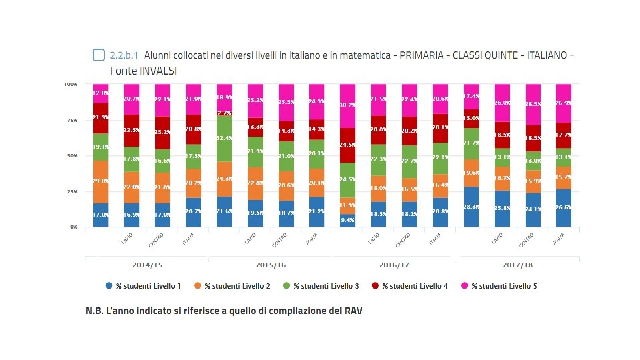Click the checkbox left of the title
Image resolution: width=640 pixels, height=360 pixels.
point(99,54)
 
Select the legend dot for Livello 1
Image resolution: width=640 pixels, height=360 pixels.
point(109,285)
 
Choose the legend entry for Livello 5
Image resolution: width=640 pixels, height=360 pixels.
point(504,285)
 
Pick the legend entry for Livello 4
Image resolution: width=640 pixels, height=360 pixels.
point(416,285)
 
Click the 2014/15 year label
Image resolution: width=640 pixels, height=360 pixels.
point(147,265)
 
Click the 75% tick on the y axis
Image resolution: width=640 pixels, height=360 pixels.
point(71,120)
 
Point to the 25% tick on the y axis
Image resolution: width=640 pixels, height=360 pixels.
point(71,191)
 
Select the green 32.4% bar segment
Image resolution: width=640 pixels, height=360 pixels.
point(225,139)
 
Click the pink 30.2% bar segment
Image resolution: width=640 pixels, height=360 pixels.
point(348,105)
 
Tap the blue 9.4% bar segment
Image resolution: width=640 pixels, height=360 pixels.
point(348,220)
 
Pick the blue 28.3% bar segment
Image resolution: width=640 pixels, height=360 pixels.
point(471,207)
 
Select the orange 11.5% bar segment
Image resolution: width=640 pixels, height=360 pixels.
point(348,205)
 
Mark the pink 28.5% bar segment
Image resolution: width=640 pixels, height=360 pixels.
point(533,105)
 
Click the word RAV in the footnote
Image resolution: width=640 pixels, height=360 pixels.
point(352,311)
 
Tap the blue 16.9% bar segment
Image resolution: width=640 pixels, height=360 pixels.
point(132,215)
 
